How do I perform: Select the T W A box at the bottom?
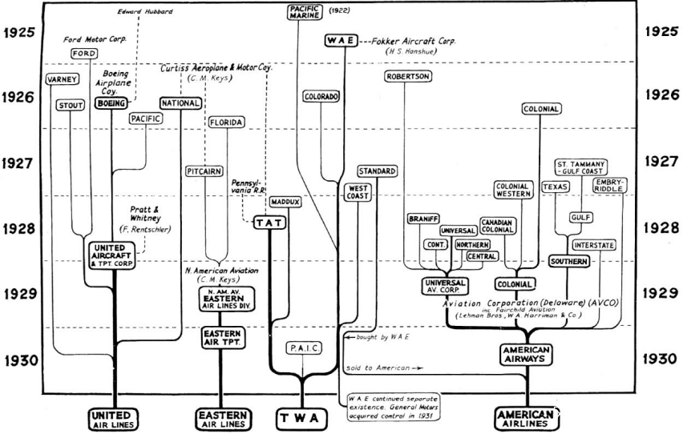pos(303,417)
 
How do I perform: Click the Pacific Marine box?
pos(304,11)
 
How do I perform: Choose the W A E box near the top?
pos(340,40)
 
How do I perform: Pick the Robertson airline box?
pos(409,77)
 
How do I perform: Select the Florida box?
pos(226,123)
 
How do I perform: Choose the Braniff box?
pos(421,218)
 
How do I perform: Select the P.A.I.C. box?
pos(302,349)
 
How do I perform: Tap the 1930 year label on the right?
pos(662,360)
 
